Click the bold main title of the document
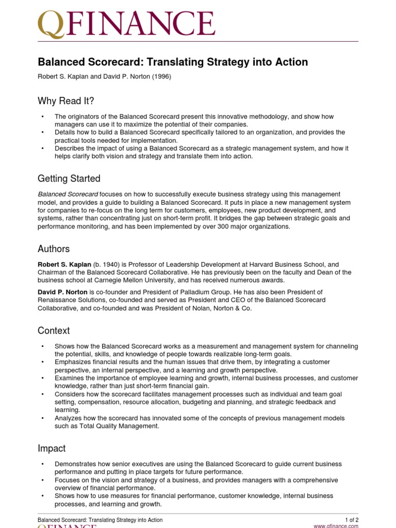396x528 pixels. click(x=173, y=62)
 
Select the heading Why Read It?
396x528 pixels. click(x=66, y=101)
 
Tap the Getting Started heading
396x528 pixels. click(x=69, y=179)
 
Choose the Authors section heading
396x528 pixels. click(x=54, y=249)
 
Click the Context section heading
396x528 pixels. click(x=54, y=331)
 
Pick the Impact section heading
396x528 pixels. click(x=52, y=449)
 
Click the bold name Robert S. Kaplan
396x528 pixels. click(x=64, y=265)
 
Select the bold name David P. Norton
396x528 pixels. click(x=62, y=292)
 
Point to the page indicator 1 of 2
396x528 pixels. click(x=352, y=519)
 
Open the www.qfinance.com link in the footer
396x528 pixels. click(x=336, y=526)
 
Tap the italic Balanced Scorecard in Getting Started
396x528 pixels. click(x=68, y=194)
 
